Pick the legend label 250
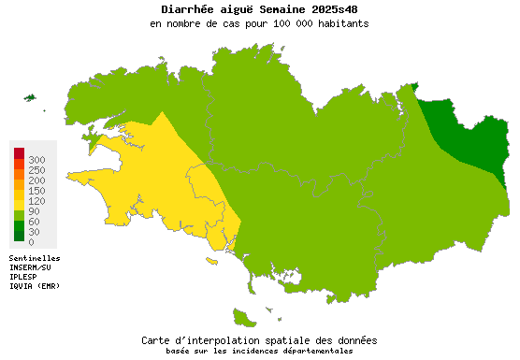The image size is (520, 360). point(36,170)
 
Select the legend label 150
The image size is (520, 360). point(36,191)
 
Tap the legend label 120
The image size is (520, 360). point(36,201)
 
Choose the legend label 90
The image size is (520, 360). point(34,211)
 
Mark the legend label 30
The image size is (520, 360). point(34,232)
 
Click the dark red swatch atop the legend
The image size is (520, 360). point(19,153)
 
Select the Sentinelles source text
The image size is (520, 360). point(35,258)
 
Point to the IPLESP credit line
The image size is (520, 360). point(26,277)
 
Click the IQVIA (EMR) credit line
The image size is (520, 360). point(35,286)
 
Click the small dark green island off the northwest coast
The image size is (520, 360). point(29,97)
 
